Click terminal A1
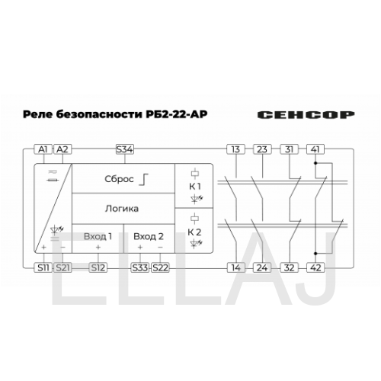point(43,149)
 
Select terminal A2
point(62,149)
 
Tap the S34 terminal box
point(125,149)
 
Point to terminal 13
point(236,149)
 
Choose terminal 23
point(262,149)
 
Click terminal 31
point(290,149)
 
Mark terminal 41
point(315,149)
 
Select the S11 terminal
point(43,267)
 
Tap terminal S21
point(62,267)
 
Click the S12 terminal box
point(98,267)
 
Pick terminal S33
point(140,267)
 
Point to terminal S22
point(160,267)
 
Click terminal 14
point(236,267)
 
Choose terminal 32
point(290,267)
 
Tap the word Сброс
point(119,179)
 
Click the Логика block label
point(122,209)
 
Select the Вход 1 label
point(98,236)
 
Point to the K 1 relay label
point(195,187)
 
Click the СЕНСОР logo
point(306,115)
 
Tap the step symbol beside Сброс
point(143,179)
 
